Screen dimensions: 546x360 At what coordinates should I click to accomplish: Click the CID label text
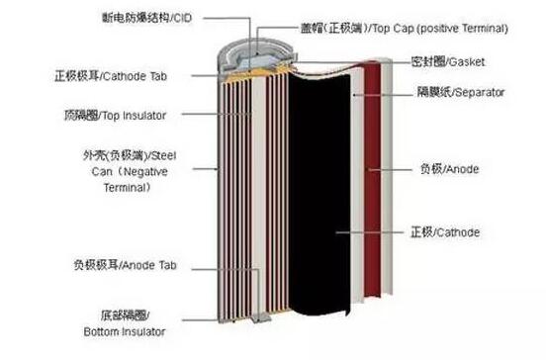pyautogui.click(x=147, y=18)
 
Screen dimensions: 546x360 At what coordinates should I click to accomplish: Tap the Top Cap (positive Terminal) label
pyautogui.click(x=405, y=29)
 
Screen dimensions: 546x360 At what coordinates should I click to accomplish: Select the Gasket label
pyautogui.click(x=448, y=62)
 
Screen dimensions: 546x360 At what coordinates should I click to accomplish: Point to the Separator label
pyautogui.click(x=461, y=92)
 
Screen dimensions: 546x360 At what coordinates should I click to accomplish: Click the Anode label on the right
pyautogui.click(x=449, y=169)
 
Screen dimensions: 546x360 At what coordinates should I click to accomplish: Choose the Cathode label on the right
pyautogui.click(x=445, y=232)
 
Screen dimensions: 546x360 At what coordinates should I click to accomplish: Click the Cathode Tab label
pyautogui.click(x=111, y=76)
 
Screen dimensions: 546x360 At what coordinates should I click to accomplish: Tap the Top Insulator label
pyautogui.click(x=116, y=116)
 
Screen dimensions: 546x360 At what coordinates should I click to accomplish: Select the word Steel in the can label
pyautogui.click(x=163, y=155)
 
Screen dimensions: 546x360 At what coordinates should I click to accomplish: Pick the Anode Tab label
pyautogui.click(x=125, y=265)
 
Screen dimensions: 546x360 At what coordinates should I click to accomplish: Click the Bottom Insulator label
pyautogui.click(x=125, y=323)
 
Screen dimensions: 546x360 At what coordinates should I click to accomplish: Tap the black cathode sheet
pyautogui.click(x=318, y=192)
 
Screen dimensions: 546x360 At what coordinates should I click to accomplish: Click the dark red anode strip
pyautogui.click(x=372, y=179)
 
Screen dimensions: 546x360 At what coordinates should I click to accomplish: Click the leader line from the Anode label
pyautogui.click(x=390, y=169)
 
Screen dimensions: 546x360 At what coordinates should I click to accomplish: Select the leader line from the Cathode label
pyautogui.click(x=370, y=232)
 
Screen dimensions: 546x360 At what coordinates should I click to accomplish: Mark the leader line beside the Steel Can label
pyautogui.click(x=206, y=169)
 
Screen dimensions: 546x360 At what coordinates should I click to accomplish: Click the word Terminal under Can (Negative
pyautogui.click(x=127, y=188)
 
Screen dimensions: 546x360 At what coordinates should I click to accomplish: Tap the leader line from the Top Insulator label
pyautogui.click(x=217, y=114)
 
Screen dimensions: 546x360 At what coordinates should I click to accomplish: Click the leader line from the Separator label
pyautogui.click(x=383, y=94)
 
